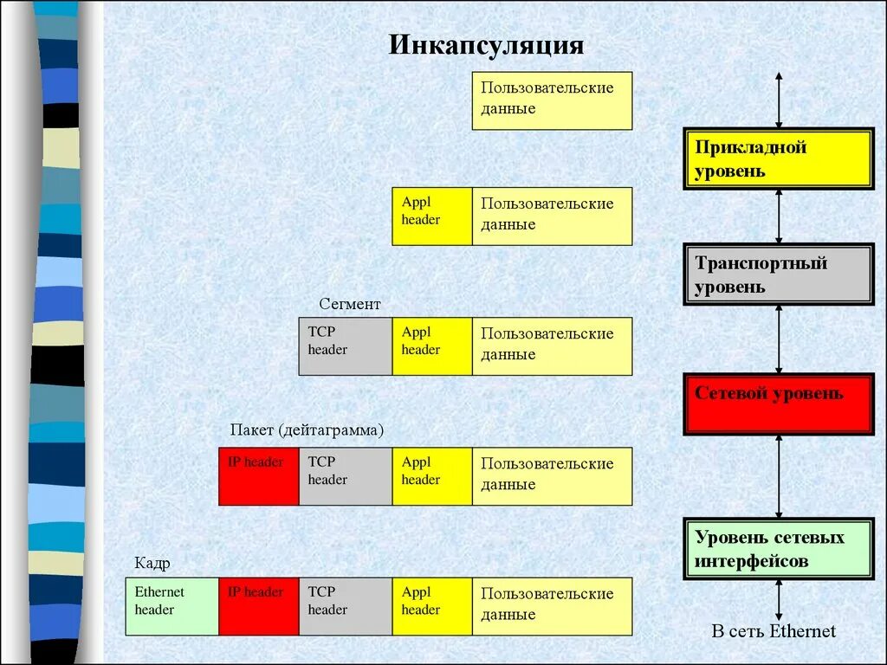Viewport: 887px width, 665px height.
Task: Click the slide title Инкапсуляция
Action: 486,45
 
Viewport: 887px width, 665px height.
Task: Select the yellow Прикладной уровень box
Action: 778,158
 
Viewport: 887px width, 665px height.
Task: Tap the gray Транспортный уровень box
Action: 778,274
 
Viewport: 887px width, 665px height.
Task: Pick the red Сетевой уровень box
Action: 778,404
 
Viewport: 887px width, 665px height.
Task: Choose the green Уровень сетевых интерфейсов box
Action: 778,549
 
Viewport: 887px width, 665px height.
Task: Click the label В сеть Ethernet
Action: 774,631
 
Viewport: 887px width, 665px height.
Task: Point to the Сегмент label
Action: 349,304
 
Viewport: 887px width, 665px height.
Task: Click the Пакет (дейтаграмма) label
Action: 307,430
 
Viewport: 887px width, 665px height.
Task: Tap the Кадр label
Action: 152,564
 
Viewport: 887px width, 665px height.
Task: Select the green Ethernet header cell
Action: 172,606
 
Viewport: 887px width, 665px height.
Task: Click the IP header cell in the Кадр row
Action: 258,606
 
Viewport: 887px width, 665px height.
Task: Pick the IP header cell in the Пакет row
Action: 258,476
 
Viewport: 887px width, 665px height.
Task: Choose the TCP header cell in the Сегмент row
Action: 345,346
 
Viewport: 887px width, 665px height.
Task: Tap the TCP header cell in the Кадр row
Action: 345,606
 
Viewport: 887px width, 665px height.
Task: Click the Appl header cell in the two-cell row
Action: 431,216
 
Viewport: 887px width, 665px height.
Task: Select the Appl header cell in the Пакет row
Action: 431,476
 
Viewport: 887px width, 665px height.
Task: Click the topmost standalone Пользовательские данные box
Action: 552,100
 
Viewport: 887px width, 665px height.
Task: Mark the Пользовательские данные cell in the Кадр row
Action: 552,606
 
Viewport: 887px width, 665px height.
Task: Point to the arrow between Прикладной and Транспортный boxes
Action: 779,216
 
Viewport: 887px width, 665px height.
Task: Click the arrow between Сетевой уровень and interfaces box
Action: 779,475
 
